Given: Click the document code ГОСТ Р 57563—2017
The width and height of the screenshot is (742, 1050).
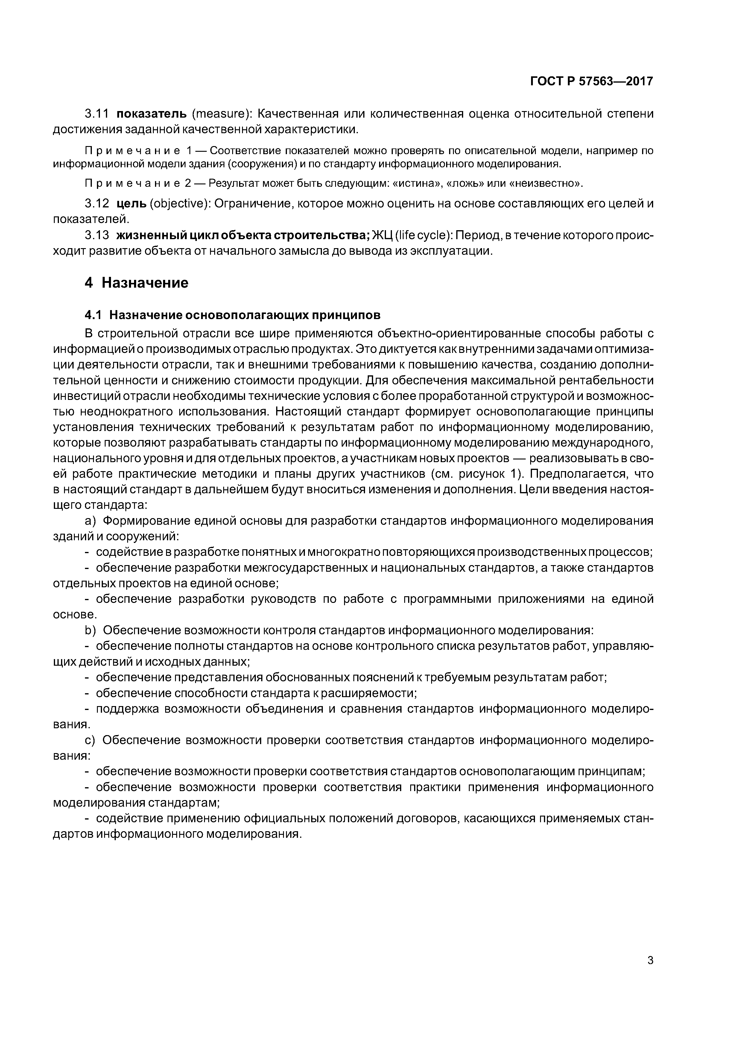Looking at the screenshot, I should coord(592,81).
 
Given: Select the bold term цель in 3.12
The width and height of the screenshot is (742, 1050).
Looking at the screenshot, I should coord(131,204).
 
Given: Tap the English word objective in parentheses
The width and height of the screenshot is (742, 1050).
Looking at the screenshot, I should coord(179,204).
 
